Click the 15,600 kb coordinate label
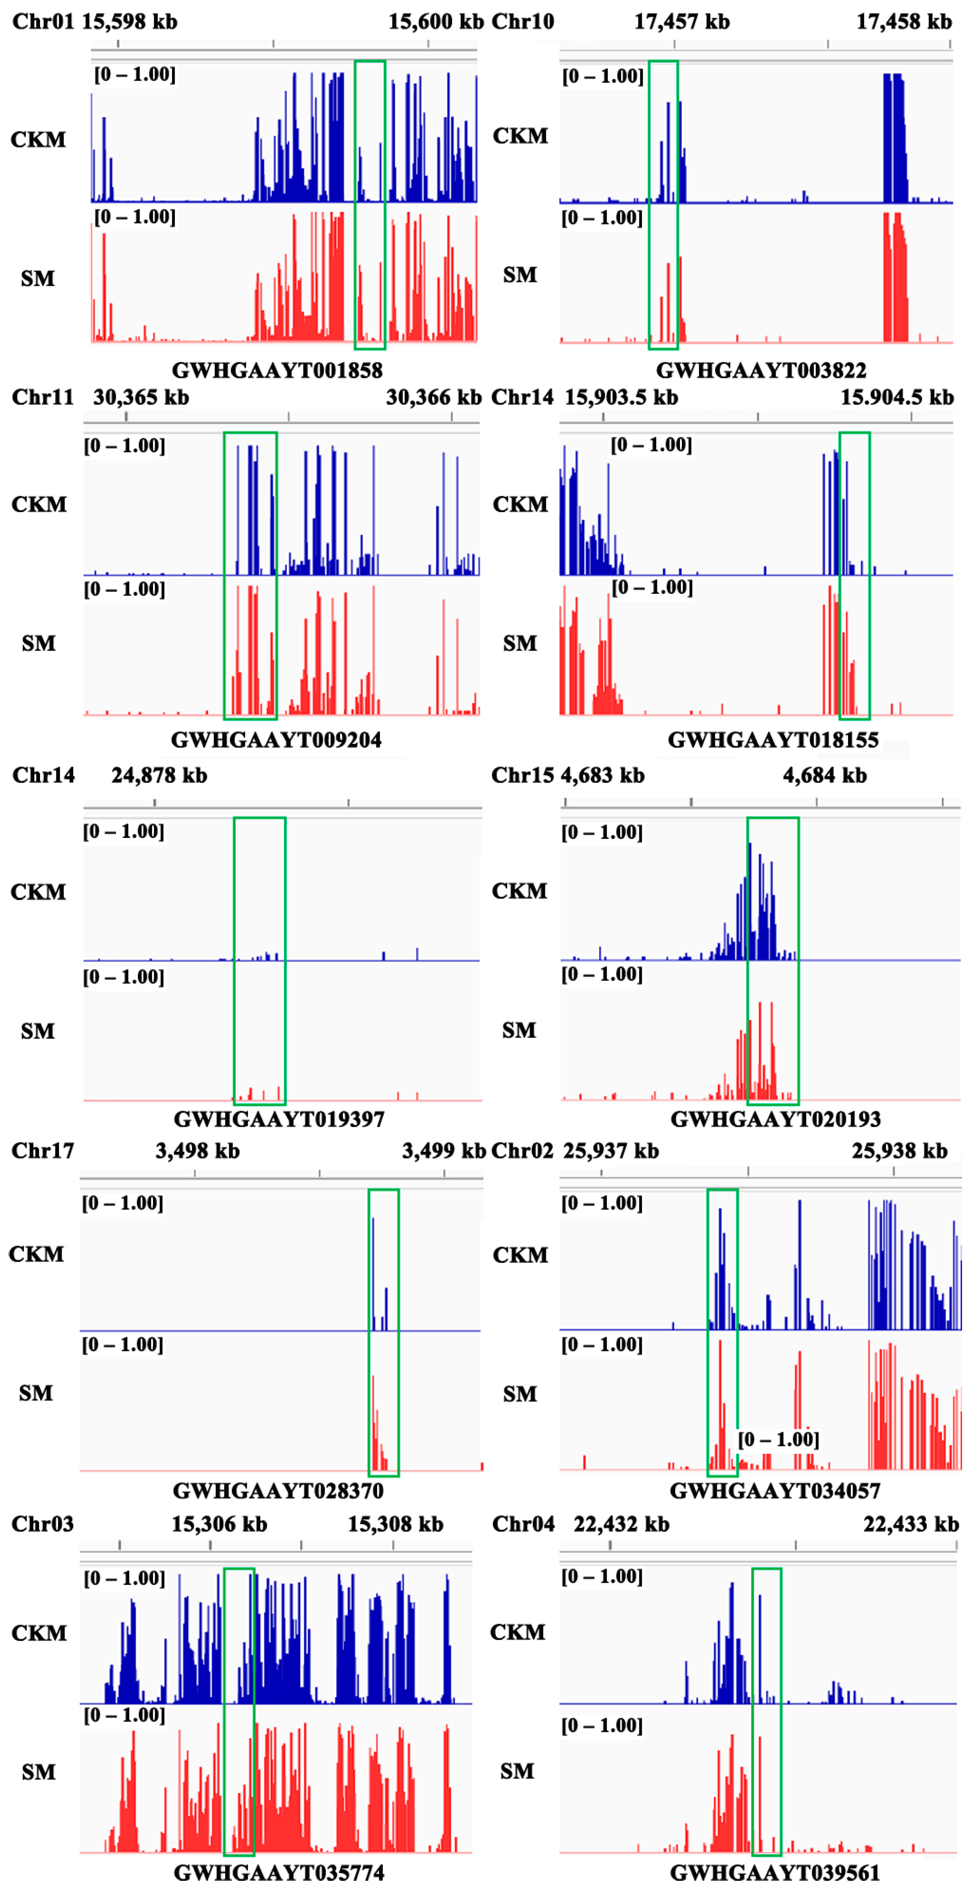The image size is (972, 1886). pos(436,21)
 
